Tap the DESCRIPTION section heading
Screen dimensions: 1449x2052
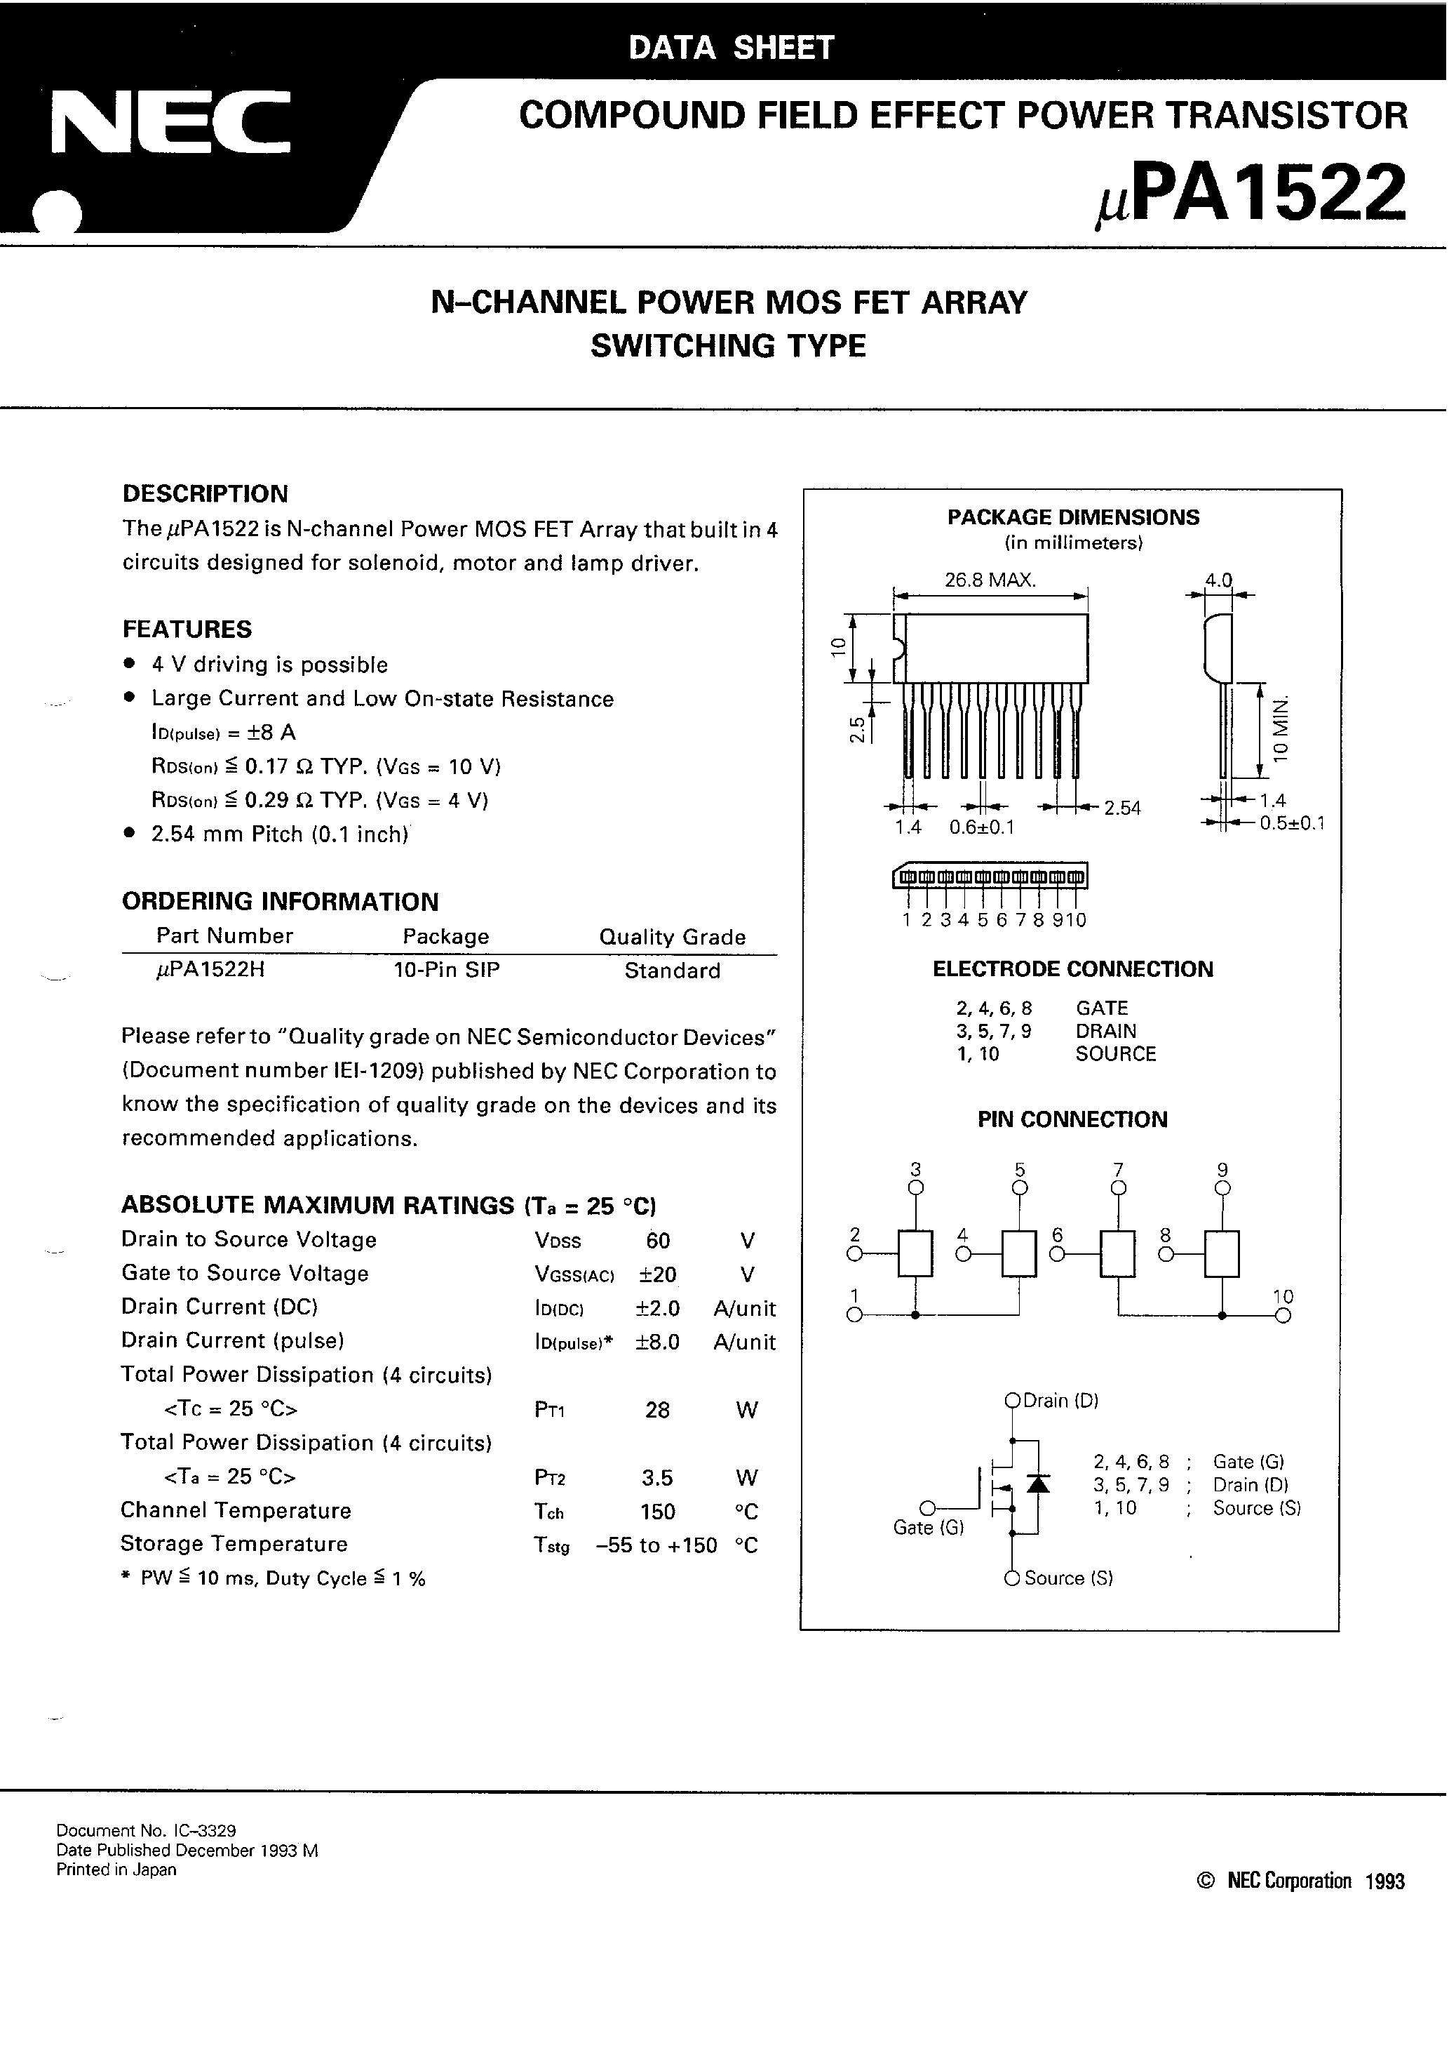coord(205,494)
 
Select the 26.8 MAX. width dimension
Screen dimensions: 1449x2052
coord(990,580)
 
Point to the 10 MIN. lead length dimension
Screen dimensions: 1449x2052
coord(1283,726)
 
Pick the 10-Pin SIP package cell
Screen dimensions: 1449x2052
coord(447,971)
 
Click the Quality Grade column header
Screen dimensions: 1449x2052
coord(672,937)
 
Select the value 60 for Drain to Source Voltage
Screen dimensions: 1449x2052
coord(657,1241)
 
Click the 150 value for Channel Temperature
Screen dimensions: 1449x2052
coord(657,1512)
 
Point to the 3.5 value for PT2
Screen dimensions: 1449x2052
coord(657,1477)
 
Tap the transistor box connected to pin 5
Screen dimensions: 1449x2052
coord(1019,1254)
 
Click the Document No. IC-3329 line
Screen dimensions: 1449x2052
coord(146,1830)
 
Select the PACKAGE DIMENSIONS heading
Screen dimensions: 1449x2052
coord(1073,517)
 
